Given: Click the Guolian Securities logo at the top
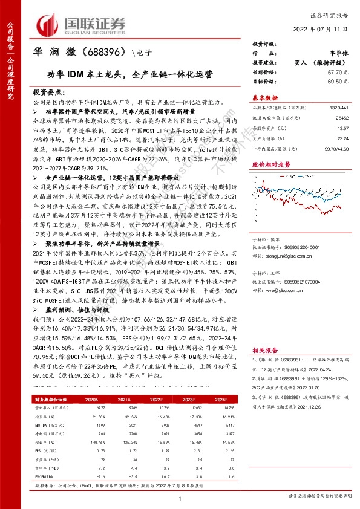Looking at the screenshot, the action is point(82,24).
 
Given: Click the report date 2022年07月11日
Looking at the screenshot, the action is point(323,29).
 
